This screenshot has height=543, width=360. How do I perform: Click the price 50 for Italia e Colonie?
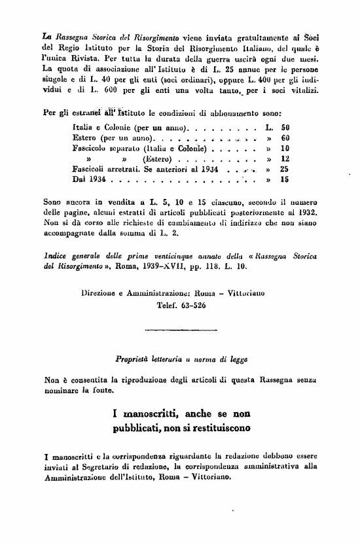tap(284, 126)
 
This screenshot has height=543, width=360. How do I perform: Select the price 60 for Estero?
tap(284, 138)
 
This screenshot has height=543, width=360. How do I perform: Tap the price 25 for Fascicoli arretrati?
tap(284, 168)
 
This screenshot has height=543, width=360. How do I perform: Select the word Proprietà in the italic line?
tap(134, 359)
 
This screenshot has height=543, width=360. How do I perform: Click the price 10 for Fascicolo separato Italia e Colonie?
tap(284, 149)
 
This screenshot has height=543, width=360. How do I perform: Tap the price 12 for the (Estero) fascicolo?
tap(284, 158)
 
